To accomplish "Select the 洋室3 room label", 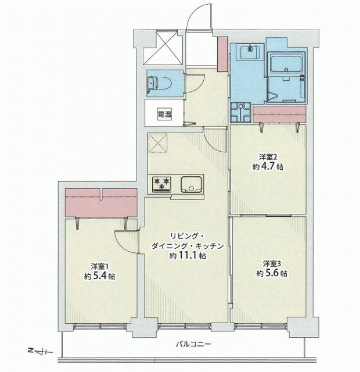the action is [x=272, y=263].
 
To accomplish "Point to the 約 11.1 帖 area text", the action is [x=188, y=256].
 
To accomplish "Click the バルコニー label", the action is [x=193, y=344].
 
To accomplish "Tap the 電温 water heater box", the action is [x=165, y=115].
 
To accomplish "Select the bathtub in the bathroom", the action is [x=286, y=63].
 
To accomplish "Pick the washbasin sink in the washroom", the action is [x=250, y=52].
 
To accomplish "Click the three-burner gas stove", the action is [x=161, y=184].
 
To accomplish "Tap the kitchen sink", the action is [x=192, y=184].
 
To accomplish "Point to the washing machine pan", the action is [x=240, y=112].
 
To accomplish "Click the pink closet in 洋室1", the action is [x=101, y=203].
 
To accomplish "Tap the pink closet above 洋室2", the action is [x=279, y=115].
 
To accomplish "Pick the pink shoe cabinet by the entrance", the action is [x=222, y=54].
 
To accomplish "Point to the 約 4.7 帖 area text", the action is [x=268, y=167].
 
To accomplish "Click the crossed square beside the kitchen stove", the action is [x=158, y=143].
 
